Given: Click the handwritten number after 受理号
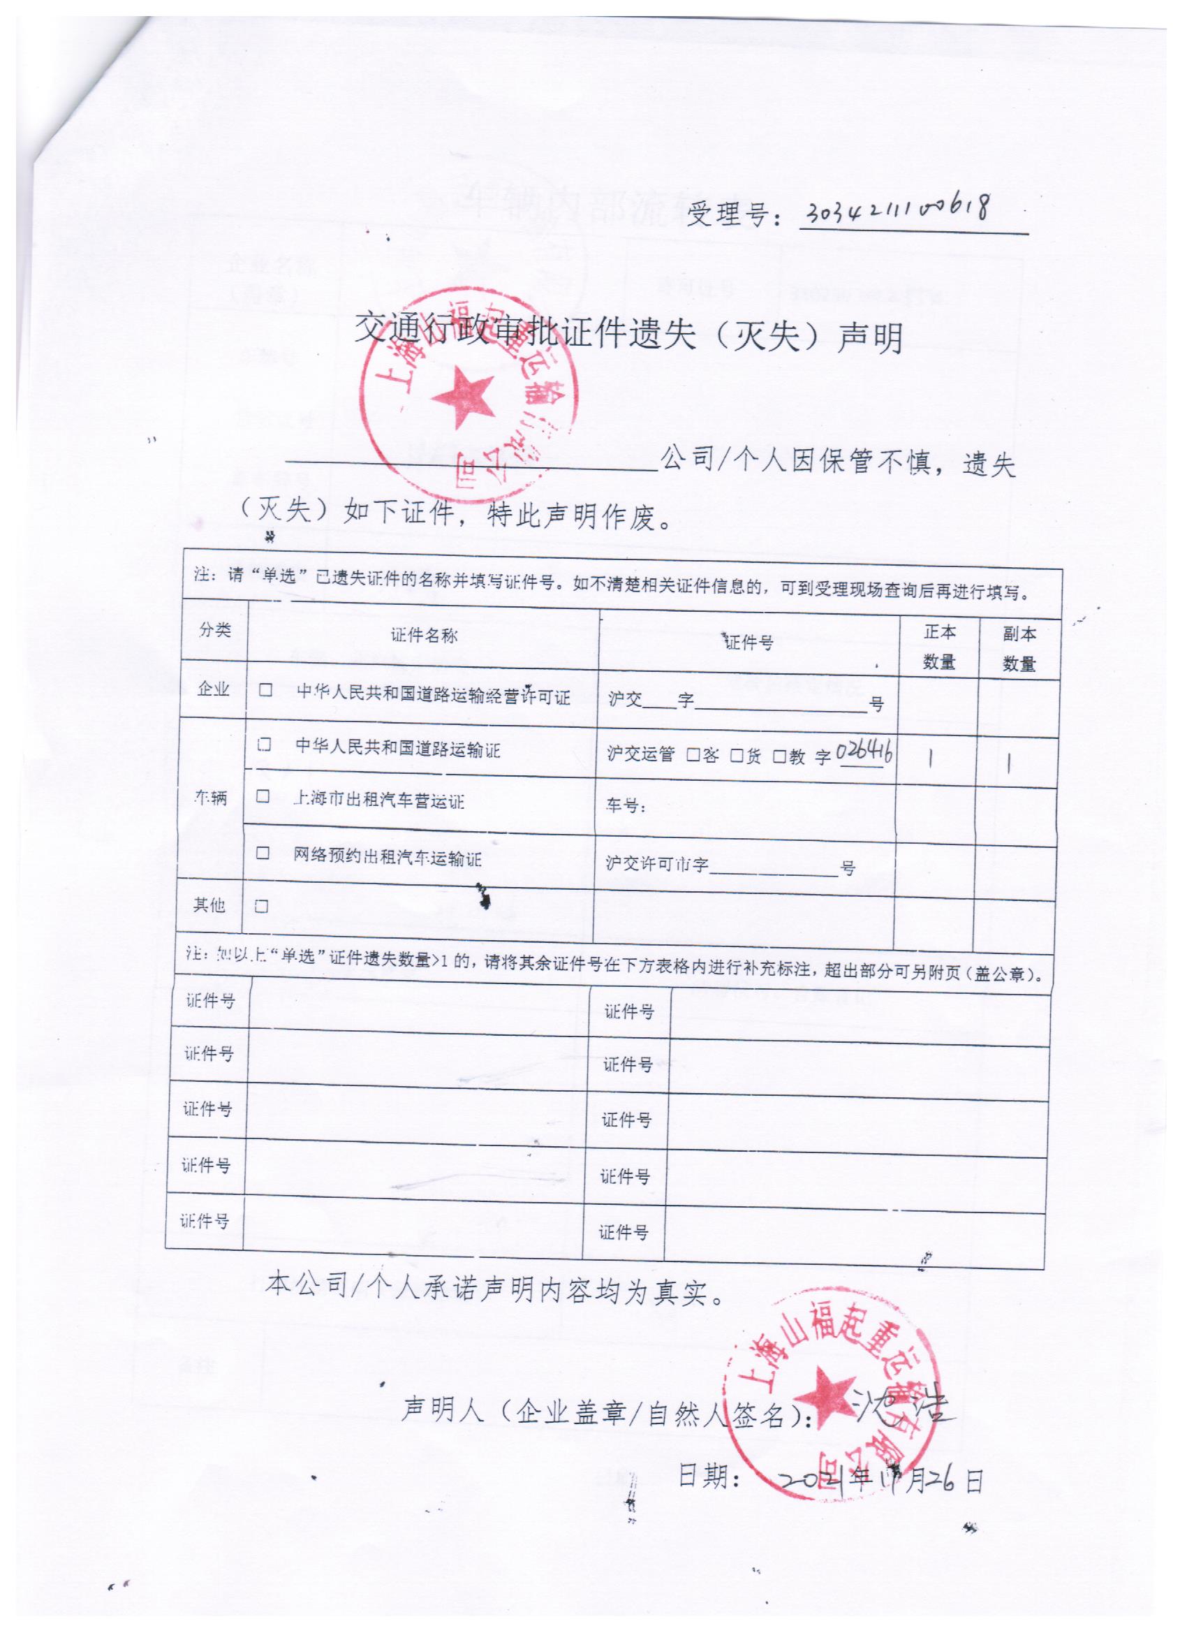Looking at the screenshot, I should tap(897, 211).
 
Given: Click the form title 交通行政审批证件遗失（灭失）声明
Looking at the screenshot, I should tap(628, 334).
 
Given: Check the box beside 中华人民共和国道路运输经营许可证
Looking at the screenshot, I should tap(266, 690).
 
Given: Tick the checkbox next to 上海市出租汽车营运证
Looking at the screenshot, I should tap(263, 796).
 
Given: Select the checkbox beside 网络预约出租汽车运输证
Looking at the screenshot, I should tap(263, 854).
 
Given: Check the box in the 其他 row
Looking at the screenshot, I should tap(261, 907).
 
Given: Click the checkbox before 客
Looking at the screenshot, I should tap(693, 755).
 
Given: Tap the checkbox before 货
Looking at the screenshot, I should tap(737, 755).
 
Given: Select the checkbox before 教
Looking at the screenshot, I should tap(779, 756).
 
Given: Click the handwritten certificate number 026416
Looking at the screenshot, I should tap(865, 752).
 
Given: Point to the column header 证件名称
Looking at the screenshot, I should tap(424, 635).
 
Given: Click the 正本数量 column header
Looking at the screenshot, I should tap(938, 647).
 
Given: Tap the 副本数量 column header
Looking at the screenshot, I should tap(1019, 649).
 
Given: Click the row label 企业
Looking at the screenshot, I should tap(213, 689).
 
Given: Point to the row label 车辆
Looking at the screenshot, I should tap(210, 797).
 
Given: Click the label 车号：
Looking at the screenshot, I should tap(626, 806).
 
